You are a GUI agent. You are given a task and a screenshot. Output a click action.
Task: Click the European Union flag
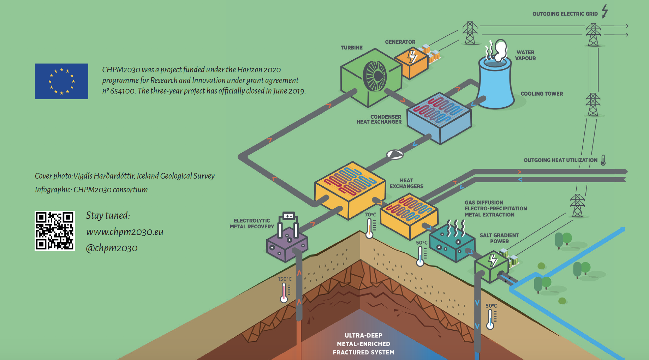click(61, 81)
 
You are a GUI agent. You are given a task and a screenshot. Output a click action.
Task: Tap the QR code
click(55, 231)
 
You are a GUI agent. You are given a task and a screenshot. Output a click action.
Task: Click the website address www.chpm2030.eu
click(125, 232)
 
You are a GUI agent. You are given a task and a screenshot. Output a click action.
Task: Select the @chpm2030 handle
click(112, 248)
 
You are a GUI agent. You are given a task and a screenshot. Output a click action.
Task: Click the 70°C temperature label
click(370, 215)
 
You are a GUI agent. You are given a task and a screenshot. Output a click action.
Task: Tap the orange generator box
click(411, 63)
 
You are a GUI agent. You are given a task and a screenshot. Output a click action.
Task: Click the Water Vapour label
click(525, 55)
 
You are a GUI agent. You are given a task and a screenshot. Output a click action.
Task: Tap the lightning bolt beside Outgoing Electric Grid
click(605, 11)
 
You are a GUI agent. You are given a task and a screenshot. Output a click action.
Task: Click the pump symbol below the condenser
click(395, 155)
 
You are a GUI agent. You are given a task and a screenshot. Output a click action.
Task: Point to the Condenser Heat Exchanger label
click(379, 119)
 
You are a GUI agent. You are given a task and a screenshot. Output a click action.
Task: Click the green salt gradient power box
click(491, 266)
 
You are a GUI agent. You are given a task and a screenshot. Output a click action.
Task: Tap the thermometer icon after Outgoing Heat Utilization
click(603, 160)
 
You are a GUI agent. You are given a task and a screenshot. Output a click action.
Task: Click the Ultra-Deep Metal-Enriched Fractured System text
click(363, 344)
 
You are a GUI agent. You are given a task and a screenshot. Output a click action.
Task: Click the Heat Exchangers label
click(406, 183)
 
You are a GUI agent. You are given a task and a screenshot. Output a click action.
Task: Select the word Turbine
click(351, 48)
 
